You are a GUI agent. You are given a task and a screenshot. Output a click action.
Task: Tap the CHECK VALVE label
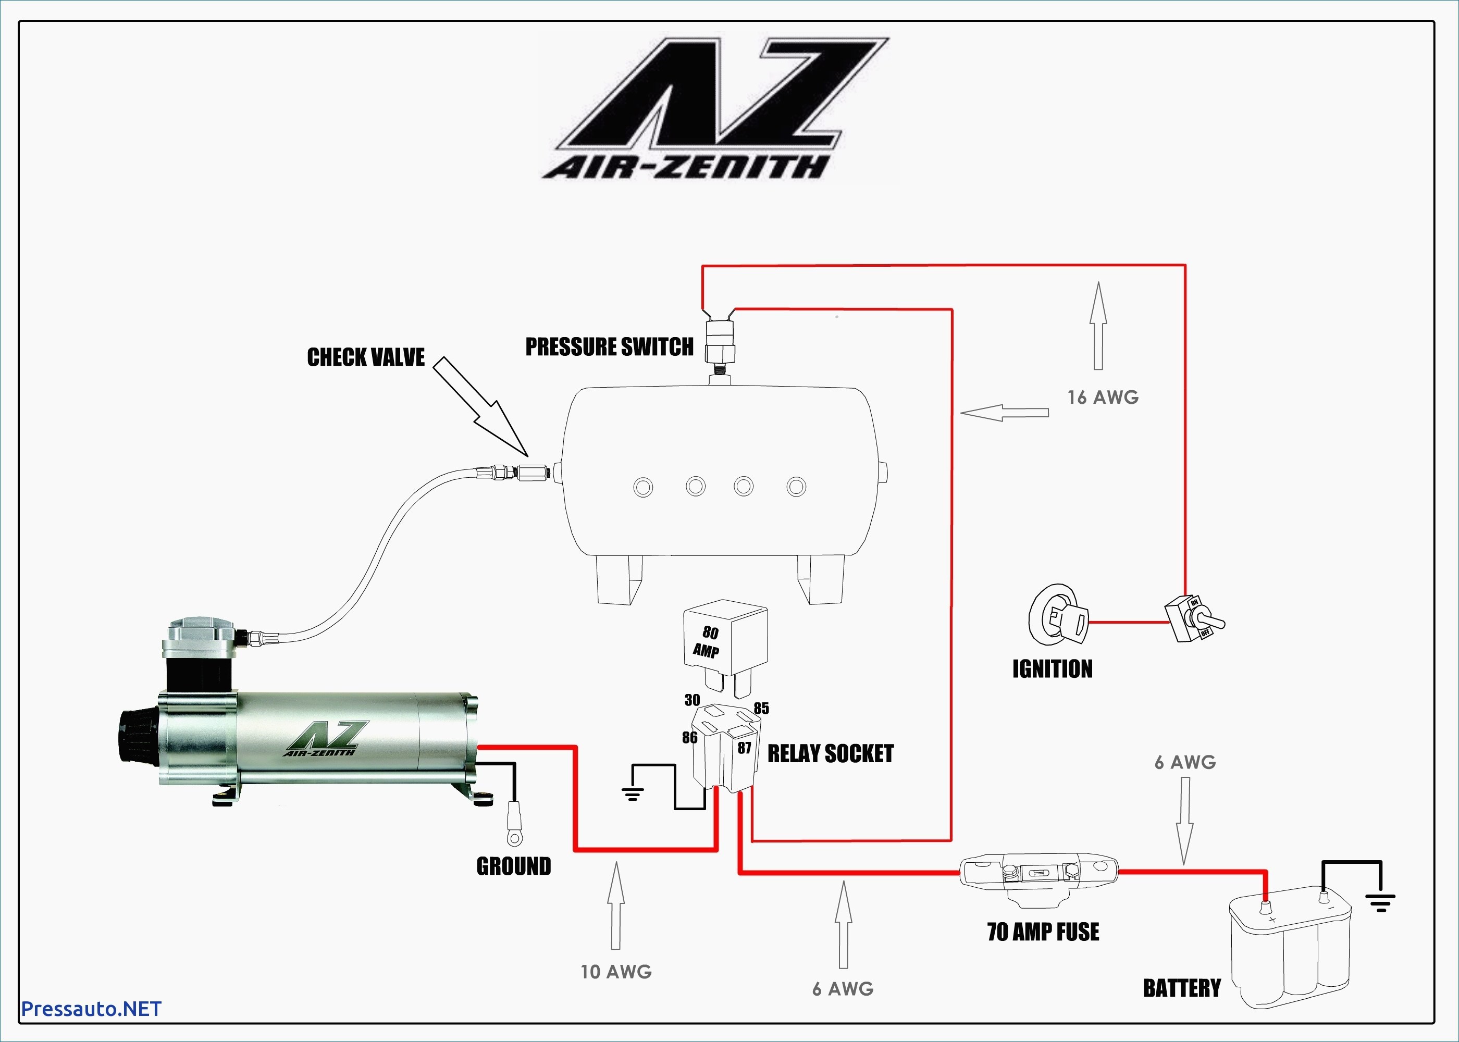pyautogui.click(x=366, y=357)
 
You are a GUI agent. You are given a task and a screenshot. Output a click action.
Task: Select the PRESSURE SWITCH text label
pyautogui.click(x=610, y=347)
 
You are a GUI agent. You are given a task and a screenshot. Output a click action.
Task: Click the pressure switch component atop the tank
pyautogui.click(x=720, y=343)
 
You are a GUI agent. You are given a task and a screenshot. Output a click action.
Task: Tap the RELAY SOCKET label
pyautogui.click(x=831, y=754)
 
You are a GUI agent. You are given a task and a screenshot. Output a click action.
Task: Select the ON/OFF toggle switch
pyautogui.click(x=1194, y=618)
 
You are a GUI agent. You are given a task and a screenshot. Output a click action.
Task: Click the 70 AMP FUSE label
pyautogui.click(x=1043, y=932)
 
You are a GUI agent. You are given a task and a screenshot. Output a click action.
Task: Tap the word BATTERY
pyautogui.click(x=1182, y=988)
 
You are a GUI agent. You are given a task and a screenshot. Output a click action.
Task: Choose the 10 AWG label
pyautogui.click(x=616, y=972)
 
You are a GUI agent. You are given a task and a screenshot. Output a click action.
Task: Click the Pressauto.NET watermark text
pyautogui.click(x=91, y=1009)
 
